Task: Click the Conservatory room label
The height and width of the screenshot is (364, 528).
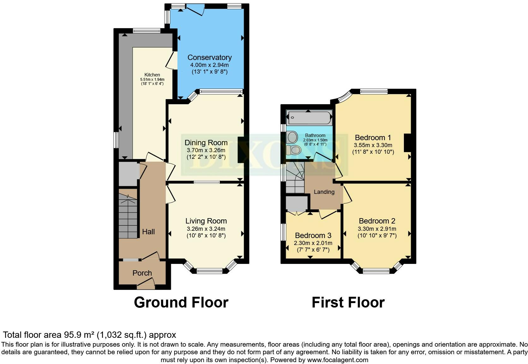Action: pos(210,57)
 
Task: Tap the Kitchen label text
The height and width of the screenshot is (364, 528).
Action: pos(152,75)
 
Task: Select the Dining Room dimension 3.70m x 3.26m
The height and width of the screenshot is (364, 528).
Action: pos(206,150)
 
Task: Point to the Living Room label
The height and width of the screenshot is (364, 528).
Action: pos(206,221)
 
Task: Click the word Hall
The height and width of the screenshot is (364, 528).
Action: pos(148,232)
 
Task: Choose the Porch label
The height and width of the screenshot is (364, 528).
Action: pos(142,273)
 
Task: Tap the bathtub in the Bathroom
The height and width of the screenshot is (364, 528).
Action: pos(309,117)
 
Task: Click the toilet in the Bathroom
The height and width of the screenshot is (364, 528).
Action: pos(294,150)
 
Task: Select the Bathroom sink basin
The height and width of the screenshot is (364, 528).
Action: pos(292,137)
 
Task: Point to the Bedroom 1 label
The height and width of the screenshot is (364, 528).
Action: pos(373,138)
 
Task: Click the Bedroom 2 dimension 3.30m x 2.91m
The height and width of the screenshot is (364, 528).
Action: pos(377,229)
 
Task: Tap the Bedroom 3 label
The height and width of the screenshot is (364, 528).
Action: pos(313,236)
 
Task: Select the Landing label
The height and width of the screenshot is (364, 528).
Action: pos(324,192)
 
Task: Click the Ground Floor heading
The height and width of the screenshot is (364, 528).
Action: pos(181,302)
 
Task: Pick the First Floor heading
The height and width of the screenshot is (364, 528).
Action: pos(348,302)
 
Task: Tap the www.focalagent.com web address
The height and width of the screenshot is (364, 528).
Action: pos(338,360)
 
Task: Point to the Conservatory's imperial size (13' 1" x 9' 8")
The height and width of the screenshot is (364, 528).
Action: pos(210,72)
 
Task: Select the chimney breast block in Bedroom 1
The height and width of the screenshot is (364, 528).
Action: pos(408,143)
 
